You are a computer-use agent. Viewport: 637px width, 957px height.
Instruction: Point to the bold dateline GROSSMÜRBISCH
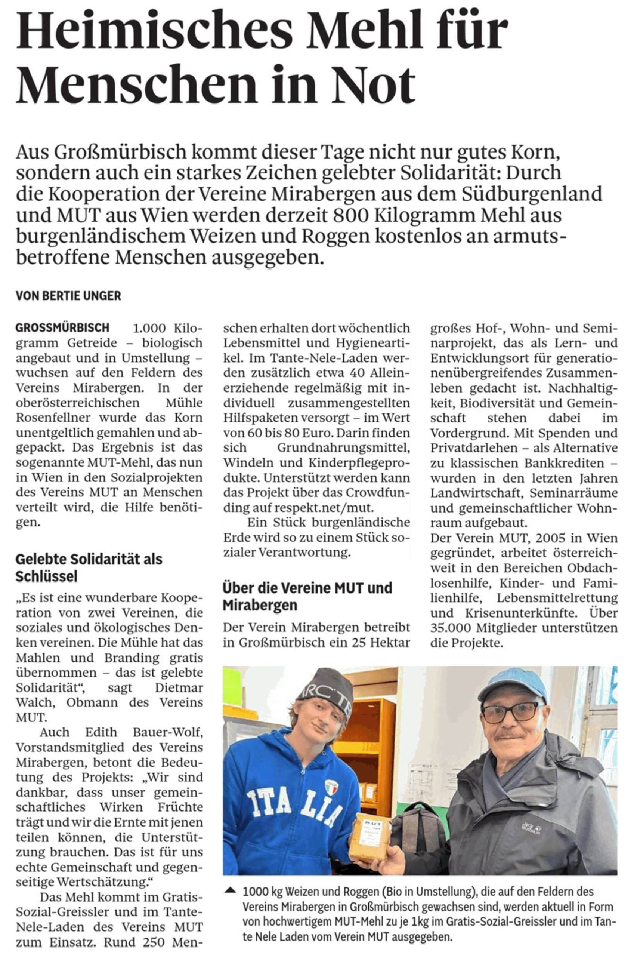click(62, 327)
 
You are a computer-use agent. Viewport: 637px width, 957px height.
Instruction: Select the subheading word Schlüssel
click(46, 576)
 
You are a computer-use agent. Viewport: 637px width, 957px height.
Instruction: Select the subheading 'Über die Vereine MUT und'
click(307, 588)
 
